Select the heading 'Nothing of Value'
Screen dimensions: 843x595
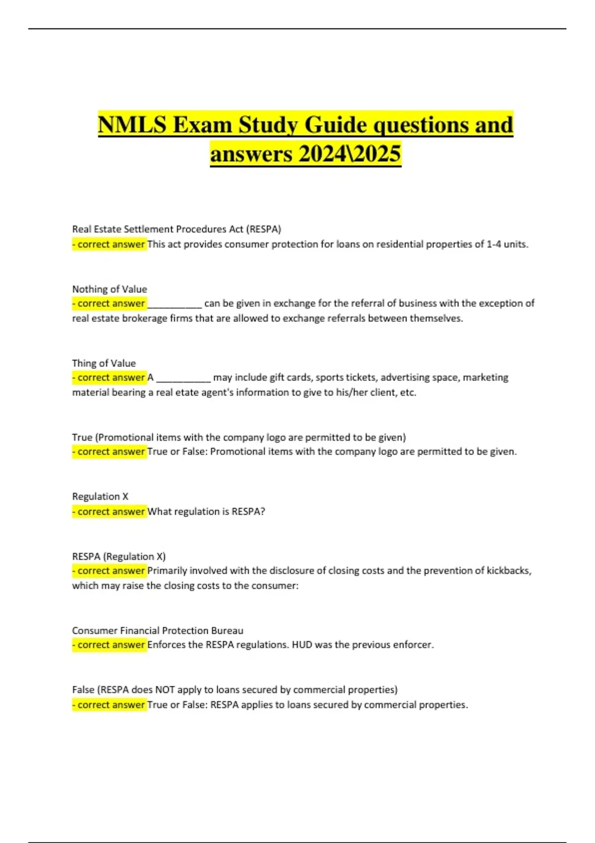tap(110, 289)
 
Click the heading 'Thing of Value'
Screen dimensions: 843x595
tap(104, 363)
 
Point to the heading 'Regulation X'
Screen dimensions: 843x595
tap(100, 496)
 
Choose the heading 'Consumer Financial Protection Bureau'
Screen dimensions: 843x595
tap(158, 630)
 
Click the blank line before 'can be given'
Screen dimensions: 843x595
tap(175, 304)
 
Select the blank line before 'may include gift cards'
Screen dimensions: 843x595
tap(183, 378)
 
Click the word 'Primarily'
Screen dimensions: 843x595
tap(167, 571)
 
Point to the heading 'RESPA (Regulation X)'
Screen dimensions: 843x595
tap(119, 556)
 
